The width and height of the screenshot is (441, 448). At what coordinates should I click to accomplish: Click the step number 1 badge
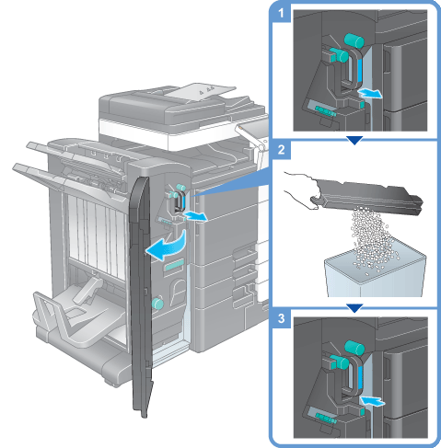click(281, 13)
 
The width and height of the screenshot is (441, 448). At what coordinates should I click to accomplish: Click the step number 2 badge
click(281, 150)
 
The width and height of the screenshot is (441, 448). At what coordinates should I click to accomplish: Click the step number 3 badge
click(281, 318)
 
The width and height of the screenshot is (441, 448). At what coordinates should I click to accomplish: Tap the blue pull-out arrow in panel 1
click(370, 93)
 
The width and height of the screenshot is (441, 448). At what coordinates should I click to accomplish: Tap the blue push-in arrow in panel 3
click(372, 401)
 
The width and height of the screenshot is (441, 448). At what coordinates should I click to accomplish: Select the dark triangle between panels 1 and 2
click(354, 141)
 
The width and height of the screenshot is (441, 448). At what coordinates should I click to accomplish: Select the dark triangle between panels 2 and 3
click(354, 308)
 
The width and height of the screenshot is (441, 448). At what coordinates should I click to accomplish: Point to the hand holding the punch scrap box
click(301, 190)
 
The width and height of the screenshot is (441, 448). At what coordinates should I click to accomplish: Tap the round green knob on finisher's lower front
click(157, 303)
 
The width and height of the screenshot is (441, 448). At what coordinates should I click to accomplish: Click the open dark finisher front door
click(141, 294)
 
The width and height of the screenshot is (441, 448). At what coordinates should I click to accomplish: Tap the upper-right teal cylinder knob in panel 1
click(354, 41)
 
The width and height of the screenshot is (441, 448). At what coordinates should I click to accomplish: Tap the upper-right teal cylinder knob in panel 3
click(354, 348)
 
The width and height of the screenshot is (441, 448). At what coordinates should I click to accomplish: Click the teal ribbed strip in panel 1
click(325, 111)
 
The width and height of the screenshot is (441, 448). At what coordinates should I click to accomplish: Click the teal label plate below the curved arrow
click(174, 265)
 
